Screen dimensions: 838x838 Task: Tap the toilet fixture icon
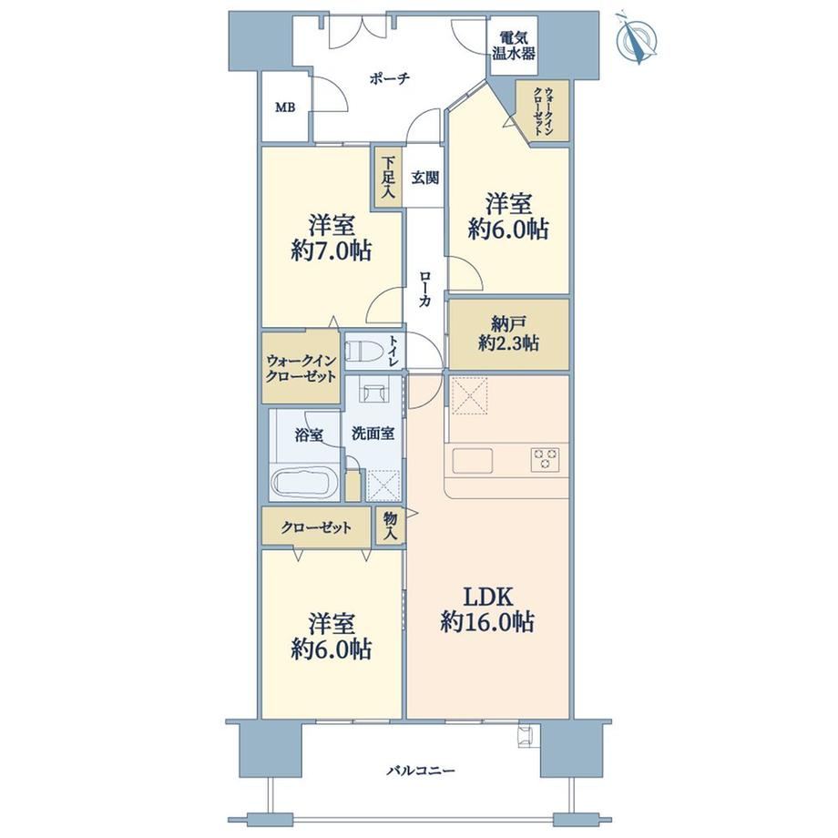[363, 353]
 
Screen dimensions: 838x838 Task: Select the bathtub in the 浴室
[304, 482]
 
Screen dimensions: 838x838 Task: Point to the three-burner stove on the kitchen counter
[545, 459]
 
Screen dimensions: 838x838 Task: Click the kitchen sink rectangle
[473, 460]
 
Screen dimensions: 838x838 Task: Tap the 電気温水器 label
[514, 46]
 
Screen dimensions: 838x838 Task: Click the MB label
[285, 107]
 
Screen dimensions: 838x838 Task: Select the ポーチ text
[389, 79]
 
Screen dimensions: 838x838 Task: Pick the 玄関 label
[424, 178]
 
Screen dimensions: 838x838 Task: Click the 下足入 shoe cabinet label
[388, 178]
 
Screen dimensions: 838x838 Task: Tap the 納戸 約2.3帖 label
[508, 333]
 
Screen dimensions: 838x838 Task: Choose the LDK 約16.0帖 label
[487, 609]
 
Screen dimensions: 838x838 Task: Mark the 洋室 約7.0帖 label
[332, 238]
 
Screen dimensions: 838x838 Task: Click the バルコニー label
[421, 771]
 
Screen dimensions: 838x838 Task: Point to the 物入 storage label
[390, 525]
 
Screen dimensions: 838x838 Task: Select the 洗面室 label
[373, 434]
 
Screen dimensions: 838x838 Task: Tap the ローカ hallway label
[424, 289]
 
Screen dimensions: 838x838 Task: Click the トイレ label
[393, 351]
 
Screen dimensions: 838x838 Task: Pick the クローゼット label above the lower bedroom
[316, 528]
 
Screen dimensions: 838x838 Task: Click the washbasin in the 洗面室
[373, 393]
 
